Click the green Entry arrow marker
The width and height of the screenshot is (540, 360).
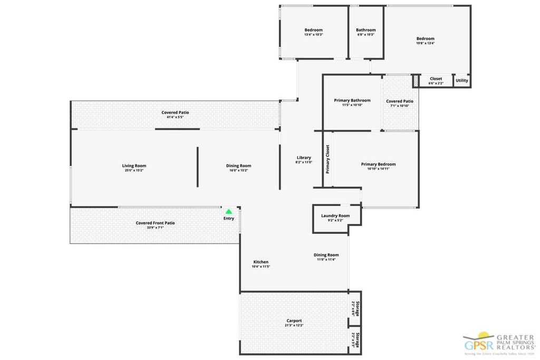click(229, 211)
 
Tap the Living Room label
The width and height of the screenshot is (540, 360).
click(134, 166)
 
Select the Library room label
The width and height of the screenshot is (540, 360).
click(304, 158)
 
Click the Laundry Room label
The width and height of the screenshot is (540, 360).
click(335, 216)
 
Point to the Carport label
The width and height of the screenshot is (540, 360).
click(294, 320)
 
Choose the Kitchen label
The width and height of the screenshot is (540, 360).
click(261, 262)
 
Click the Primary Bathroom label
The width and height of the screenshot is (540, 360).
click(352, 100)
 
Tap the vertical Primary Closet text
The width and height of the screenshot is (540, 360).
click(327, 159)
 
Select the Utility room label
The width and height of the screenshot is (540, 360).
click(461, 81)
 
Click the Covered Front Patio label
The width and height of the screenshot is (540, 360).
click(155, 223)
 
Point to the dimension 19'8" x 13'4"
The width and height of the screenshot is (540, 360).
click(425, 44)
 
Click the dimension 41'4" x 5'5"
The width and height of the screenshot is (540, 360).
click(175, 118)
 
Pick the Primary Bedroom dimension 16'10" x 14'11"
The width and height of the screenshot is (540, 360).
click(378, 169)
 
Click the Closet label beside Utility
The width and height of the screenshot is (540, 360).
click(436, 79)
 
